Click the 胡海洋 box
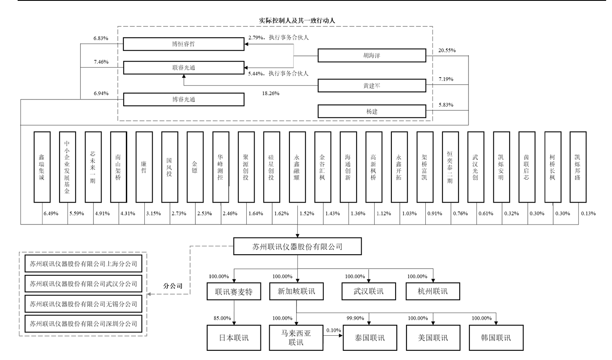point(372,55)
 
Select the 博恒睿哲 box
point(183,44)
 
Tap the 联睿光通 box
point(183,68)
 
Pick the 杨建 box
point(372,111)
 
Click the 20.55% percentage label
point(447,50)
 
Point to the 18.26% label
point(271,93)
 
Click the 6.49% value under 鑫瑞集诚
point(51,214)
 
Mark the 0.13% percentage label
point(588,214)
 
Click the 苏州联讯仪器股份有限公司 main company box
point(297,247)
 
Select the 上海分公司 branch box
point(83,264)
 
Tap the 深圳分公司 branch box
point(83,324)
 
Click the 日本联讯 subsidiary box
point(234,338)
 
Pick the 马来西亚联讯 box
point(296,338)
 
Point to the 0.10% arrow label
point(333,331)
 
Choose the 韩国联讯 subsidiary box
point(496,338)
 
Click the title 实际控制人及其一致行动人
point(297,20)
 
